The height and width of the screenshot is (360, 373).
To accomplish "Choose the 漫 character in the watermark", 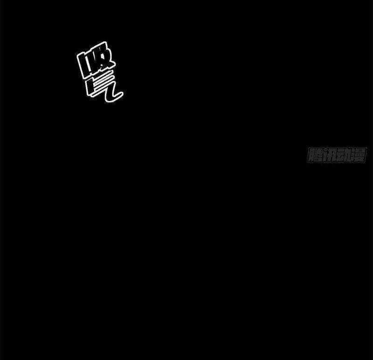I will [359, 155].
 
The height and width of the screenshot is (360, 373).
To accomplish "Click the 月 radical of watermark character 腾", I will [311, 155].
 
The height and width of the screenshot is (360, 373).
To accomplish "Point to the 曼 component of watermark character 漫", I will [361, 155].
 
